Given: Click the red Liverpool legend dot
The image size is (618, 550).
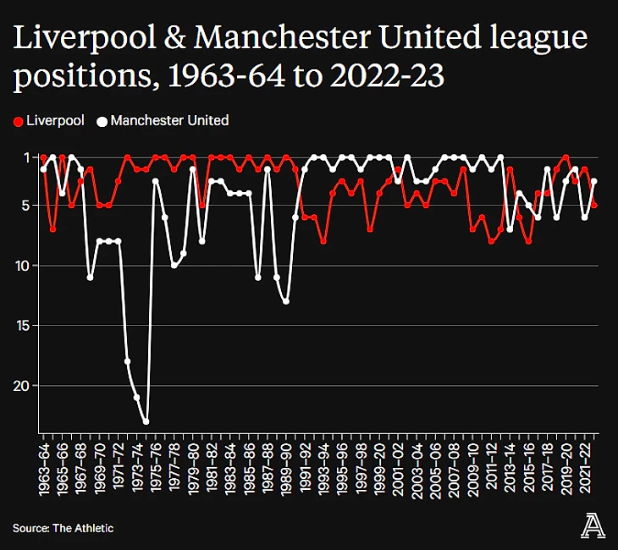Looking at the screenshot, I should (x=19, y=121).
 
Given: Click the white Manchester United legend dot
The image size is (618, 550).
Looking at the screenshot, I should (x=102, y=121).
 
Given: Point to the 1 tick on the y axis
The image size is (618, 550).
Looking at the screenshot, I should (x=26, y=157).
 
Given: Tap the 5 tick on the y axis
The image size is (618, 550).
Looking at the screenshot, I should (x=26, y=206).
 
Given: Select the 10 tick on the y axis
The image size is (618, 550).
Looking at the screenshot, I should (x=24, y=266).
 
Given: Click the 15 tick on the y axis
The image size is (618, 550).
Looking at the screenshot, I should (x=24, y=326).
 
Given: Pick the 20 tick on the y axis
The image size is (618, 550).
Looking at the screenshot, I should (x=24, y=386).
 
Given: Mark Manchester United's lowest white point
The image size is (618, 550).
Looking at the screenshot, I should (x=146, y=421).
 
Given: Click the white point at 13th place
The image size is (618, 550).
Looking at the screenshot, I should (x=286, y=301).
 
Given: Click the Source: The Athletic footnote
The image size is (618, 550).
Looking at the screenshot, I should (x=63, y=528).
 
